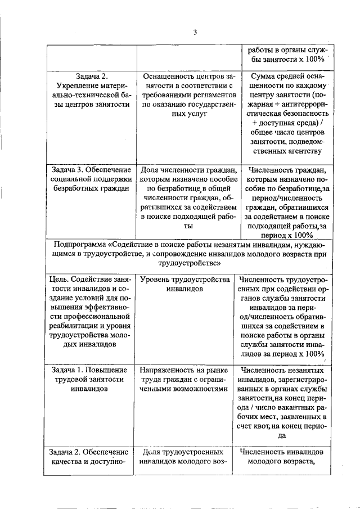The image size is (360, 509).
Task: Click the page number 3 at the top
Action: [194, 32]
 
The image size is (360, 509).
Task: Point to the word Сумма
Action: [263, 75]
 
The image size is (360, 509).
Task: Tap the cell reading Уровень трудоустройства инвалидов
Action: [185, 284]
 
